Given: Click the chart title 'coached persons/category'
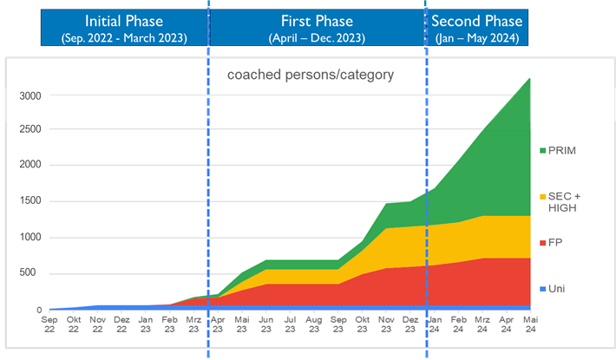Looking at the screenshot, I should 310,75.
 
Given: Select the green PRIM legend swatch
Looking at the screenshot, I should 542,151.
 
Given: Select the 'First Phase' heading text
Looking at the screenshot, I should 317,21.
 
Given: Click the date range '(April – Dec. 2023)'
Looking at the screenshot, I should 317,38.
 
